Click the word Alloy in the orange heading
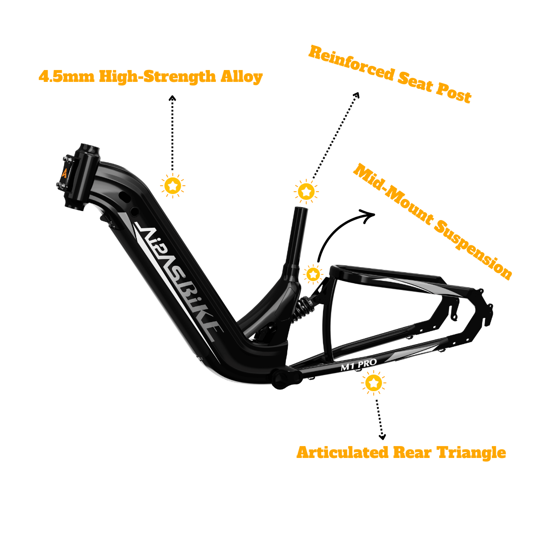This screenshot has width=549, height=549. pos(242,77)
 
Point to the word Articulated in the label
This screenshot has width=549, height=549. pos(342,452)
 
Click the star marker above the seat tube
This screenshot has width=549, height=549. pos(306,191)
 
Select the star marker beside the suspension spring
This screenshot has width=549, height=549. pos(313,274)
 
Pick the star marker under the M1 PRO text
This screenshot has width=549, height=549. pos(373,383)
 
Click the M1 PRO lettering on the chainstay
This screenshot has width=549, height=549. pos(359,365)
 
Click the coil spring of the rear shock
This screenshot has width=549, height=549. pos(301,308)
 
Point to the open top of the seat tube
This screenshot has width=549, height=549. pos(301,209)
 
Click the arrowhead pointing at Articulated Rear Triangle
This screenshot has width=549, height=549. pos(382,436)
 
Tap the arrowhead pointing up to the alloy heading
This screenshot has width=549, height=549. pos(172,98)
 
